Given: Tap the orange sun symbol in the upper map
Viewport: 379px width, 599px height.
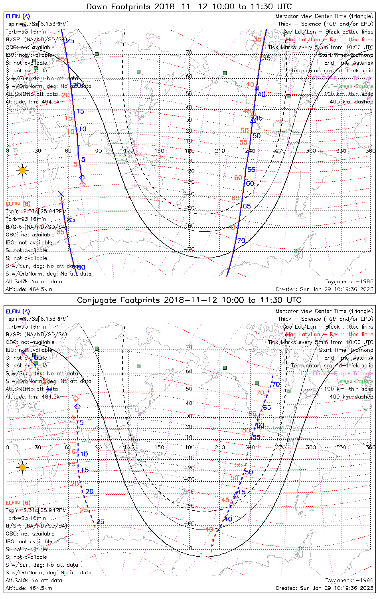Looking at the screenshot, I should click(x=22, y=171).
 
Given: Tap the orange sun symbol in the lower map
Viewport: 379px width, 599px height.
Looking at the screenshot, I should click(x=22, y=467).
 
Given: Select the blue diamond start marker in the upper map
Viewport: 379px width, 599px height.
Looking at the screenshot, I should click(x=82, y=177).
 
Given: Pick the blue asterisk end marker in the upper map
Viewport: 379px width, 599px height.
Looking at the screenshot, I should click(x=61, y=194).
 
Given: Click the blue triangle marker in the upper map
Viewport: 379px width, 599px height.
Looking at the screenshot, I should click(x=253, y=119).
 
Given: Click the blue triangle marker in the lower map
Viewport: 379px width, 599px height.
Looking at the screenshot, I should click(x=236, y=496).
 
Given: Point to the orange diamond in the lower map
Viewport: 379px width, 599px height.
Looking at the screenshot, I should click(x=76, y=398).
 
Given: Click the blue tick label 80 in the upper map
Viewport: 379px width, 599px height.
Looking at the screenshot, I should click(x=81, y=268).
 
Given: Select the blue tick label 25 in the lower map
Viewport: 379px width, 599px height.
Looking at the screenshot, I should click(x=100, y=522).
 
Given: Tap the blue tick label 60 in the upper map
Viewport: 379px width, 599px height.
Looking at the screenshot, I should click(x=250, y=184).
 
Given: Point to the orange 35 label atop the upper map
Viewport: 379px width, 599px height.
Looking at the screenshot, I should click(x=258, y=39).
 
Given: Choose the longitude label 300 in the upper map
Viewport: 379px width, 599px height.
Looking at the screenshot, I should click(x=311, y=151).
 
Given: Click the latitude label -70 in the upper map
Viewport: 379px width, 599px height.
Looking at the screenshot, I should click(x=189, y=249).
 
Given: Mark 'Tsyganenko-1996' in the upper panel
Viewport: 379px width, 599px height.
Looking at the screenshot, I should click(x=349, y=282).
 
